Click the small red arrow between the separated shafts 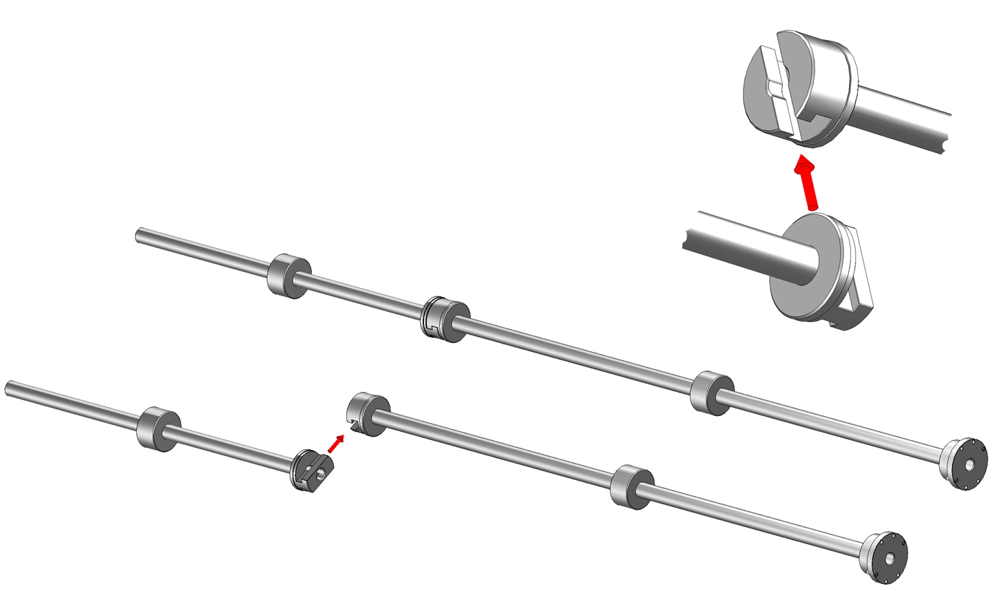click(335, 443)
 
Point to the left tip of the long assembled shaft click(140, 235)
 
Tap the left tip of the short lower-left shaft click(9, 388)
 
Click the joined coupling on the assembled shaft click(444, 319)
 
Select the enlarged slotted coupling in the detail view click(799, 90)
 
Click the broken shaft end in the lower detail click(689, 231)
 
